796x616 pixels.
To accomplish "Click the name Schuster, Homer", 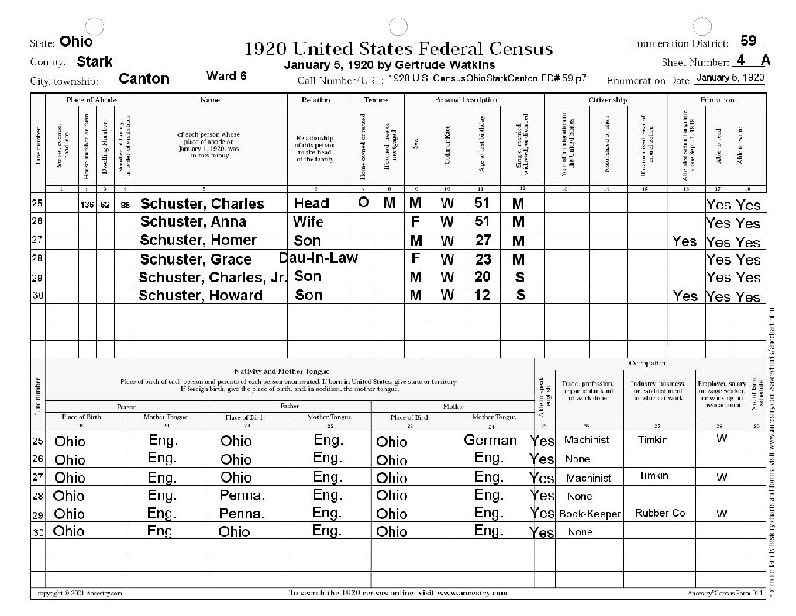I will pyautogui.click(x=198, y=241).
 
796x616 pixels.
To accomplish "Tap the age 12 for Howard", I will pyautogui.click(x=483, y=295).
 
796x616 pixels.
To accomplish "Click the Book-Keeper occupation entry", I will pyautogui.click(x=584, y=514).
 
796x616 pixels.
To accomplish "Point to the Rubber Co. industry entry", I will pyautogui.click(x=661, y=513).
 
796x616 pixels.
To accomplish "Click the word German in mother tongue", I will pyautogui.click(x=490, y=440).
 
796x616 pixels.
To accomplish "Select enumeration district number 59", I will pyautogui.click(x=748, y=40).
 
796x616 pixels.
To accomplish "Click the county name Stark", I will pyautogui.click(x=95, y=62).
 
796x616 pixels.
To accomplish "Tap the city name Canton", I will pyautogui.click(x=144, y=79).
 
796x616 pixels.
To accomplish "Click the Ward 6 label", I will pyautogui.click(x=226, y=76).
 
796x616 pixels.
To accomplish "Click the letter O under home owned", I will pyautogui.click(x=363, y=202).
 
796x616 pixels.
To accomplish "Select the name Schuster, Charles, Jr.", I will pyautogui.click(x=213, y=277).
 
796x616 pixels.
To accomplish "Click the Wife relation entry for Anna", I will pyautogui.click(x=308, y=222).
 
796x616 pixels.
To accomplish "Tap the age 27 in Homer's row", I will pyautogui.click(x=483, y=240).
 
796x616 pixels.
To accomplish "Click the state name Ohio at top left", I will pyautogui.click(x=76, y=42).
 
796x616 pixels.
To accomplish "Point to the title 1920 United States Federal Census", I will pyautogui.click(x=398, y=49).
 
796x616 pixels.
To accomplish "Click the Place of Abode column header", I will pyautogui.click(x=91, y=100).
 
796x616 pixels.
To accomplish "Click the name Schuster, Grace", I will pyautogui.click(x=195, y=259).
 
